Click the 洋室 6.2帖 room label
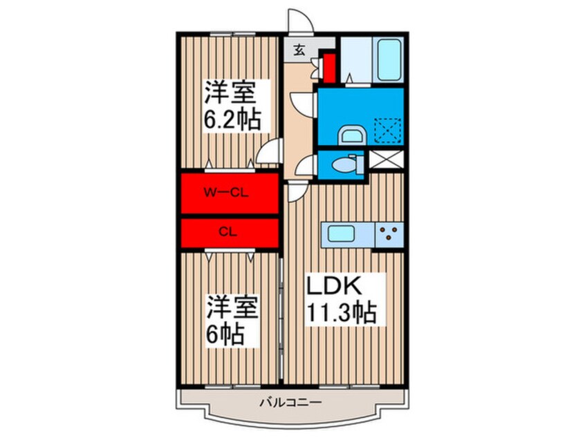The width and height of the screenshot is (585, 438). pos(232,106)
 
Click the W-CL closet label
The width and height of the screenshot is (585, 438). pos(228,193)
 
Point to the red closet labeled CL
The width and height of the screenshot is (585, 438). pos(228,232)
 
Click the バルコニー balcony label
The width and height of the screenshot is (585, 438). pos(290,401)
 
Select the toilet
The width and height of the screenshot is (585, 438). pos(344,164)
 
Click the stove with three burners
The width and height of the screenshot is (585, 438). pos(389,234)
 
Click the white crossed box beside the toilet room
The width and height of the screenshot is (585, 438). pos(384,160)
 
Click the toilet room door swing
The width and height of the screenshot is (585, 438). pos(306,166)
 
